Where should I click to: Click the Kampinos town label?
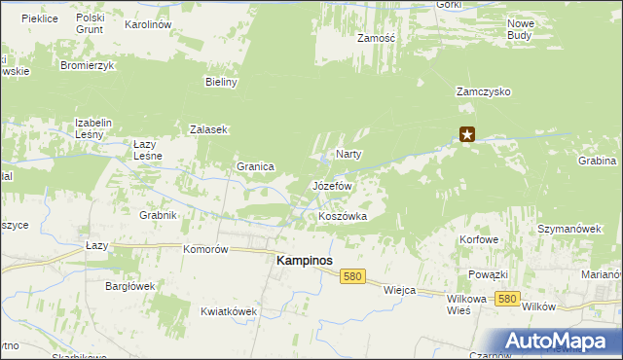coord(305,261)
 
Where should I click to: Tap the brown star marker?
coord(468,135)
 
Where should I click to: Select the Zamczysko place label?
coord(484,91)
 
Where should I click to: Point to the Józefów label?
coord(331,185)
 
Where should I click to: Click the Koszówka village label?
coord(343,216)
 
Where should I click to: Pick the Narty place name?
coord(349,154)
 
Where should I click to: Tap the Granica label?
coord(255,166)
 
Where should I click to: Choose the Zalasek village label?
coord(208,129)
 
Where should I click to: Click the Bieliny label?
coord(222,83)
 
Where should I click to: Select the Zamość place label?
coord(375,38)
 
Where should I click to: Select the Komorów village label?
coord(205,249)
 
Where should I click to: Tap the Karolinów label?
coord(149,22)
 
